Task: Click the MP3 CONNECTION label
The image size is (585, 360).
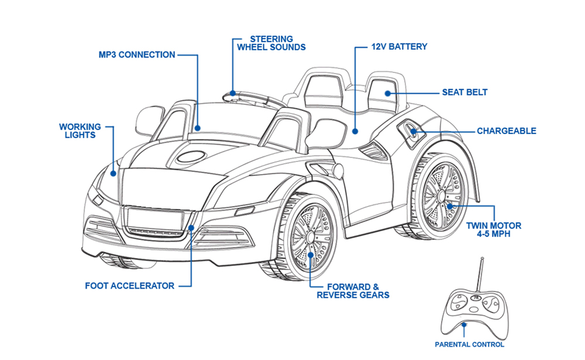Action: pyautogui.click(x=137, y=55)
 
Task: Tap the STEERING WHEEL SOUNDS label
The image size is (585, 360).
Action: pyautogui.click(x=271, y=43)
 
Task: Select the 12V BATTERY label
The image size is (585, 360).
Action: pyautogui.click(x=399, y=47)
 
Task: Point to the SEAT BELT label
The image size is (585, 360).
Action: pyautogui.click(x=465, y=92)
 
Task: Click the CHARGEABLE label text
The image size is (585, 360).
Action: pyautogui.click(x=507, y=131)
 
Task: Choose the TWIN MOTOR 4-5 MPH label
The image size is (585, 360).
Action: pyautogui.click(x=494, y=229)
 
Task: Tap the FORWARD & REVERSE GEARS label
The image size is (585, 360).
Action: pyautogui.click(x=353, y=291)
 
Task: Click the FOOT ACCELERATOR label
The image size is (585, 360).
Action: pyautogui.click(x=130, y=286)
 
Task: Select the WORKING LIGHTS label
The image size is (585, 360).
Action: pyautogui.click(x=80, y=131)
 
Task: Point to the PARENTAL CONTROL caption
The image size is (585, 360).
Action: pyautogui.click(x=469, y=345)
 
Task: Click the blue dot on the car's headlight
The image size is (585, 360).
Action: pyautogui.click(x=113, y=173)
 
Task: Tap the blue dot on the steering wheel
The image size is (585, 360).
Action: pyautogui.click(x=233, y=93)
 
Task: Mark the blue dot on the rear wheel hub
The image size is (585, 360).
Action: pyautogui.click(x=449, y=206)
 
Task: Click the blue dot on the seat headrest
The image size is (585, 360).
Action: pyautogui.click(x=388, y=93)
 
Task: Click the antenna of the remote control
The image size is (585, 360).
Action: pyautogui.click(x=480, y=275)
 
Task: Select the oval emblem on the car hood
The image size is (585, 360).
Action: pyautogui.click(x=191, y=156)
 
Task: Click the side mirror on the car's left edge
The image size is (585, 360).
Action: pyautogui.click(x=149, y=121)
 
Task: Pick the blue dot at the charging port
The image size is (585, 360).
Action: pyautogui.click(x=414, y=131)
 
